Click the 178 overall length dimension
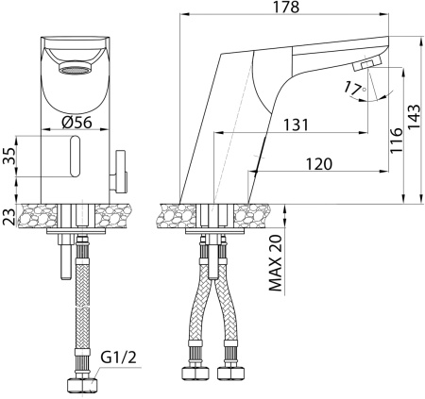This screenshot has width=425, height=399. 286,7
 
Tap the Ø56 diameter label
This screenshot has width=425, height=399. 77,122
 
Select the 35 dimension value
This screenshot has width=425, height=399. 8,157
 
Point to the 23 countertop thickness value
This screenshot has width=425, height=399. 8,216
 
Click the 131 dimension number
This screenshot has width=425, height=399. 296,125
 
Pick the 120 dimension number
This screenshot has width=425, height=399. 319,164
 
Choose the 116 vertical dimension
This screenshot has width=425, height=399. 397,141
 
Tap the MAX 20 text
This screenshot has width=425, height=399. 275,263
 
